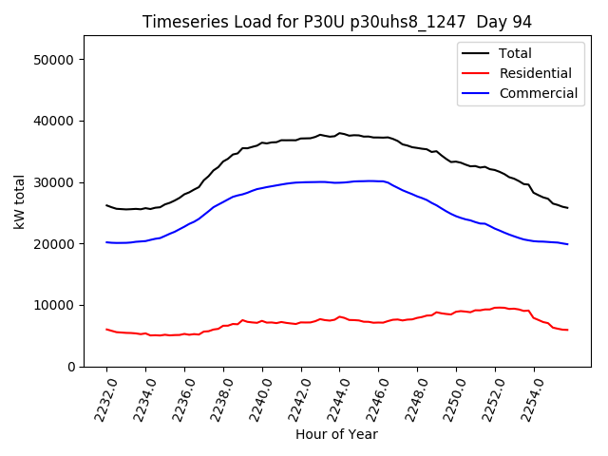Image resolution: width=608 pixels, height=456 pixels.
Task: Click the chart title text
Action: (336, 22)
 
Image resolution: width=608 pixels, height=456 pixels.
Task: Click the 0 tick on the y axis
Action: (71, 367)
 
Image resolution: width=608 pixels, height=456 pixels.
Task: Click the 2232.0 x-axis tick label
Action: (100, 394)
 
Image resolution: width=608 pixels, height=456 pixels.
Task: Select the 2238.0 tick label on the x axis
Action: (217, 394)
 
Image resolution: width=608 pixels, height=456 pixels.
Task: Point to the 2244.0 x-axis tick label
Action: (333, 394)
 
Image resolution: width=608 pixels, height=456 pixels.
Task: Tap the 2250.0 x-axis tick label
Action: (449, 394)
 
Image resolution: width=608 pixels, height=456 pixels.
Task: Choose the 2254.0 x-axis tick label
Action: (527, 394)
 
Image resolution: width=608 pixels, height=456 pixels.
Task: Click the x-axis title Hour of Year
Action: (336, 434)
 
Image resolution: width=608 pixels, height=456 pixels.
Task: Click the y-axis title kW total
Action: (19, 201)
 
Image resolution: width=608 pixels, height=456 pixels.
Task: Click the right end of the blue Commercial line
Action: (568, 244)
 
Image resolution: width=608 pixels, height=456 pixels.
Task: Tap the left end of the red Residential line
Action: (106, 330)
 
